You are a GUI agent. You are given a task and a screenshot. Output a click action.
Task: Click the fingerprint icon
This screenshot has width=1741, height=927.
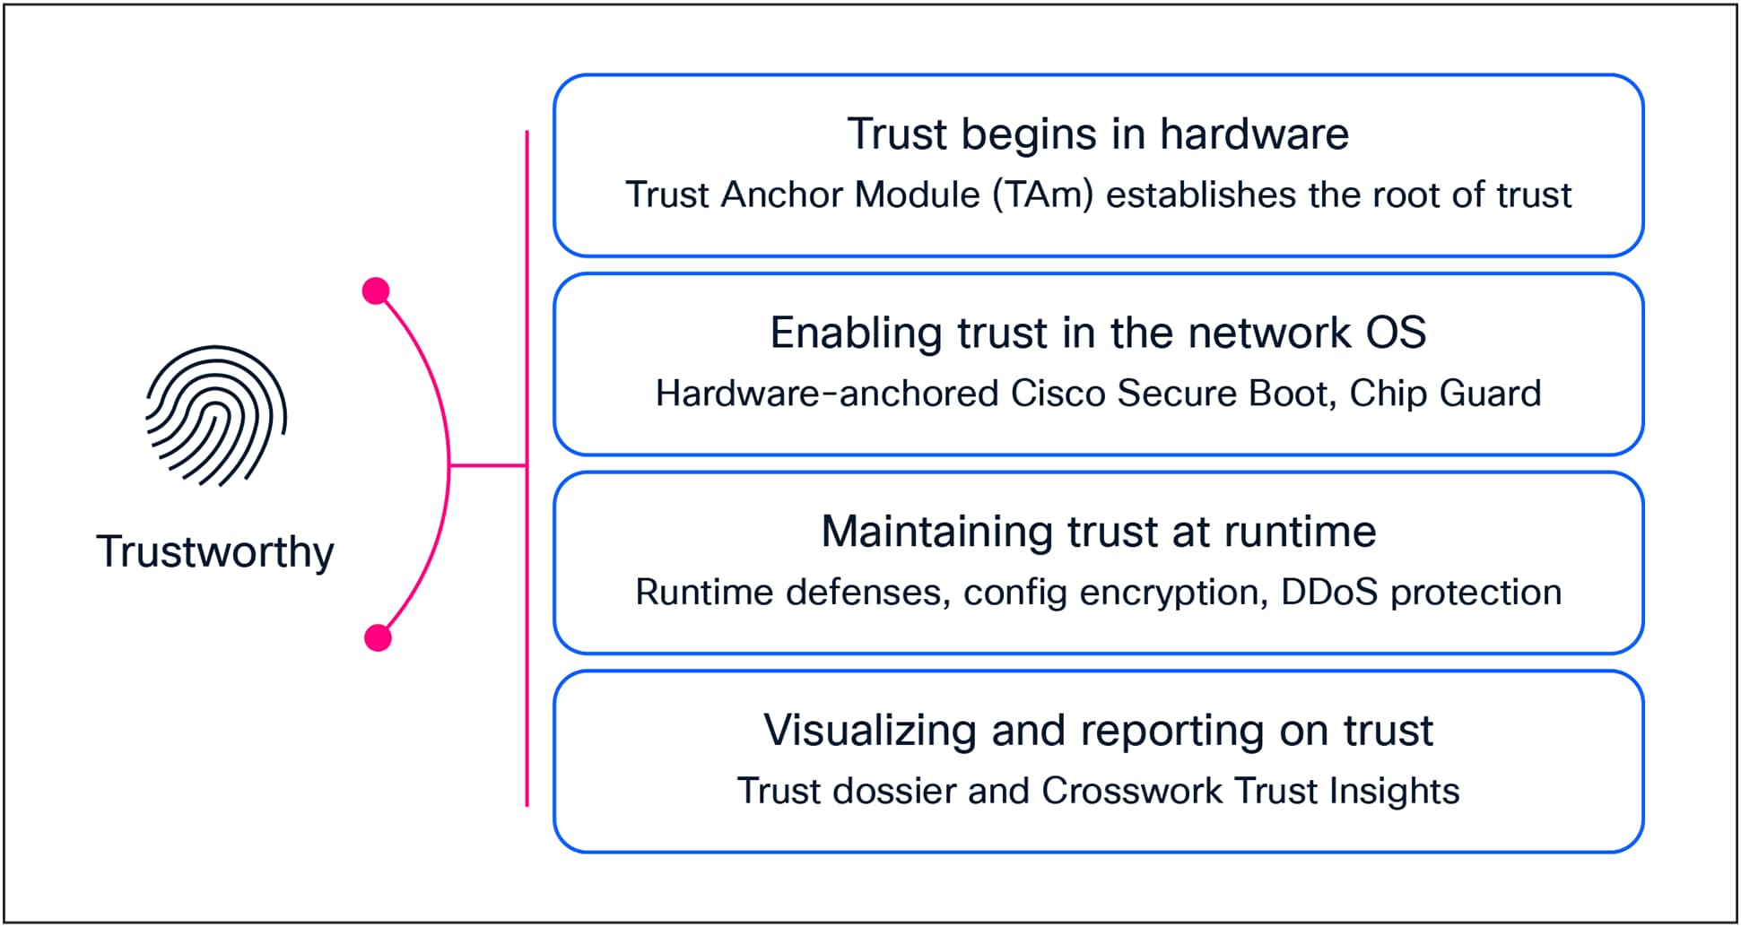216,417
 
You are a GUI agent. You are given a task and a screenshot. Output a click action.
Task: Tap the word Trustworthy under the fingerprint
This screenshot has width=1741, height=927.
215,550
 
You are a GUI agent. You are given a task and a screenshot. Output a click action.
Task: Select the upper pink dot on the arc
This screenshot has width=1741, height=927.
376,291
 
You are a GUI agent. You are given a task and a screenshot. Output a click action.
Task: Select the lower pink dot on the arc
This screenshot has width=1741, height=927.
379,637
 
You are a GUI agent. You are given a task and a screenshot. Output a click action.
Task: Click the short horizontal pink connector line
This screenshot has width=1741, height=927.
487,465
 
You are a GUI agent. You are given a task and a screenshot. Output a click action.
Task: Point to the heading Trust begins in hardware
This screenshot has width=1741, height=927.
1097,134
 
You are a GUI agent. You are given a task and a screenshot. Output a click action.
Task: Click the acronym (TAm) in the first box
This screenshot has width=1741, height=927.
1043,195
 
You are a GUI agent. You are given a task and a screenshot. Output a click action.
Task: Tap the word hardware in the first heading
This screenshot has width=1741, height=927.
1253,134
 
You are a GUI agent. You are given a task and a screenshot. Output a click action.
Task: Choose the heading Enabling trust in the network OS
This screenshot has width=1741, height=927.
1097,334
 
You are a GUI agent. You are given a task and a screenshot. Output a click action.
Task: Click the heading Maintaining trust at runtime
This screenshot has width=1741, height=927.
1098,532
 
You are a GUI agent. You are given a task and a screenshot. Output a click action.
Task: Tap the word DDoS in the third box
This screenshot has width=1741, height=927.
1328,593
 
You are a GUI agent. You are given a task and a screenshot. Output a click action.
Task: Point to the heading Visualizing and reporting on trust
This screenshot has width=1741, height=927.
1097,731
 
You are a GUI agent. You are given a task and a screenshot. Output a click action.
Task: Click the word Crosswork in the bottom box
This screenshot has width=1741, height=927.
1132,791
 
